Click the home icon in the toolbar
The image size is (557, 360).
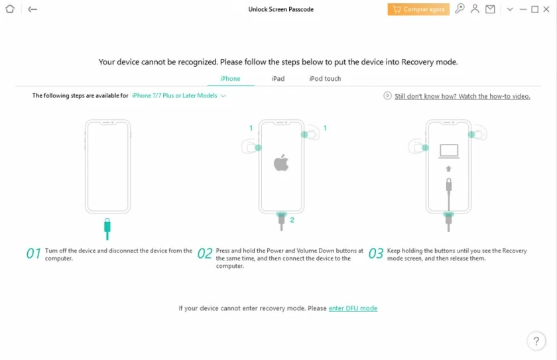coord(10,9)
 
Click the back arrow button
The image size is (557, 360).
coord(32,9)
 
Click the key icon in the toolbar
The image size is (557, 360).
coord(460,9)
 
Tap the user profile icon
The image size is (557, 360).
coord(475,9)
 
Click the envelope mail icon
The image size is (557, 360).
coord(490,9)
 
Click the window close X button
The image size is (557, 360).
coord(546,9)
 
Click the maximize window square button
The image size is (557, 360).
coord(534,9)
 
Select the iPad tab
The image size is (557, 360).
coord(278,78)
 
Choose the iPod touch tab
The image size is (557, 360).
coord(325,78)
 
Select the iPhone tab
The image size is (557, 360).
coord(230,78)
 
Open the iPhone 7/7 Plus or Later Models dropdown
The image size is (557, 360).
coord(178,95)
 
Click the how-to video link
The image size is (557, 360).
coord(462,96)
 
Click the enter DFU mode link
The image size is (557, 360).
coord(353,308)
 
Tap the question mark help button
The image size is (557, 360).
coord(536,341)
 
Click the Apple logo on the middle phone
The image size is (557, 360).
coord(281,162)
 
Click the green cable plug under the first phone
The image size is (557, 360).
coord(107,229)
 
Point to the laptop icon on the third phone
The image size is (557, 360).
coord(449,151)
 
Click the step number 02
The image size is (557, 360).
coord(205,253)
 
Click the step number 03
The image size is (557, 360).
coord(376,253)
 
